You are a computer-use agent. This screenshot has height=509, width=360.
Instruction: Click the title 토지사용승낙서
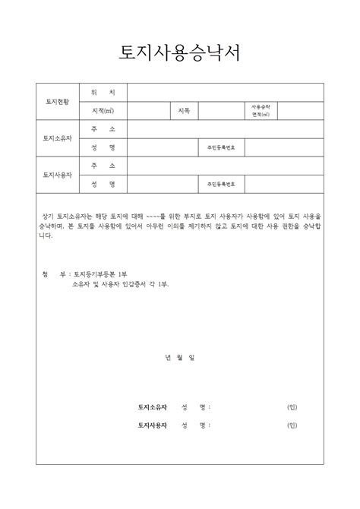pos(180,52)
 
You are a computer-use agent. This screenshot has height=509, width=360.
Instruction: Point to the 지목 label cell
pos(184,111)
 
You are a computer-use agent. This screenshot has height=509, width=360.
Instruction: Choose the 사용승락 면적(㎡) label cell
pos(261,111)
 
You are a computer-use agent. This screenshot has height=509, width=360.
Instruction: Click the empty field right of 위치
pos(226,92)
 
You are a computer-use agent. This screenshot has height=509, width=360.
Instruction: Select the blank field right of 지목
pos(222,111)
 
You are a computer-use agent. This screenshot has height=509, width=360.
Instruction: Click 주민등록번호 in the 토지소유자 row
pos(220,147)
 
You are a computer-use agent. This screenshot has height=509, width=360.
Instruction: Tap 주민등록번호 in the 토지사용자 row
pos(220,184)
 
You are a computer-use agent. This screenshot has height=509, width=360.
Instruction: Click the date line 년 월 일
pos(180,356)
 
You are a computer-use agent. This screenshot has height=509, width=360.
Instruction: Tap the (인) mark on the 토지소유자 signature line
pos(292,407)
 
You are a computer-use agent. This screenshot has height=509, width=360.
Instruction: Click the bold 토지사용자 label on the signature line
pos(152,425)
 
